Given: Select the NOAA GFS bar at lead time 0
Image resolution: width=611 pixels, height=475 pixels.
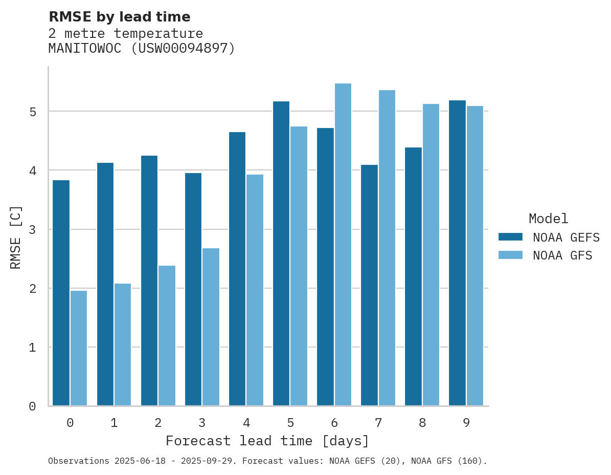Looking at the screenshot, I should [79, 348].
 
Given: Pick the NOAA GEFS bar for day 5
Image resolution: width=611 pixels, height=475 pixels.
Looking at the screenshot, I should [281, 253].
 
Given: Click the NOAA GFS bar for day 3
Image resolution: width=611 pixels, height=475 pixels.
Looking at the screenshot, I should [211, 327].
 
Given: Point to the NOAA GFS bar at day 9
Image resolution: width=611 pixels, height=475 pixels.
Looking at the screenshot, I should [474, 256].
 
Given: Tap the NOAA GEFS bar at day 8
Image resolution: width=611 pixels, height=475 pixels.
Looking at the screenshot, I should [413, 276].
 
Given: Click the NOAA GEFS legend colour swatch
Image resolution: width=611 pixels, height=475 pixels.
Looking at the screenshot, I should [510, 237].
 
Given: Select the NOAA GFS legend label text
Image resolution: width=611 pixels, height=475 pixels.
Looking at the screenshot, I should [562, 255].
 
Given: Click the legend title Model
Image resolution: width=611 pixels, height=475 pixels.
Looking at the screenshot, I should [548, 219].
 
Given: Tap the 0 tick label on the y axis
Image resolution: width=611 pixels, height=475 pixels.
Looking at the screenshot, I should [32, 406].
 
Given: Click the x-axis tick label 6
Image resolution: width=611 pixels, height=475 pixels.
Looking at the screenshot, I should [334, 423].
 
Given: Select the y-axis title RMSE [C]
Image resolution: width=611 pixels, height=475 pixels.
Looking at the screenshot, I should [16, 237].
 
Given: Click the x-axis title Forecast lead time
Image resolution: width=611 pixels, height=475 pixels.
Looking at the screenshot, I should [267, 441].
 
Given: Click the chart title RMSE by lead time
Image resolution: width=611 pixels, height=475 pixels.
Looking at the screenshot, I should [119, 17].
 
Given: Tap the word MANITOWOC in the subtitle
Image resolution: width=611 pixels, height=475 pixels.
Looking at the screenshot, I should [85, 49].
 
